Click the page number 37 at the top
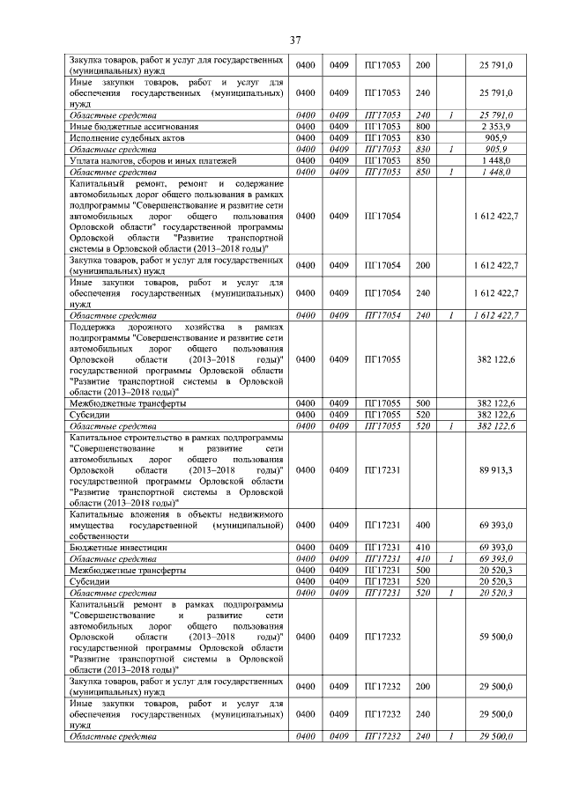pos(296,40)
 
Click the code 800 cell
pos(422,127)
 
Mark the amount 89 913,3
pos(496,470)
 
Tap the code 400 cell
pos(422,524)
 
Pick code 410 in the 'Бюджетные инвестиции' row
pos(422,547)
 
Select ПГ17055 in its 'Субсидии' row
pos(382,414)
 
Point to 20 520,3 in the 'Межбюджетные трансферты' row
pos(496,570)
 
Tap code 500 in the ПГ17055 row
pos(422,402)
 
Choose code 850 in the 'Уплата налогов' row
pos(422,161)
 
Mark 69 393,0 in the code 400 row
pos(496,524)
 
